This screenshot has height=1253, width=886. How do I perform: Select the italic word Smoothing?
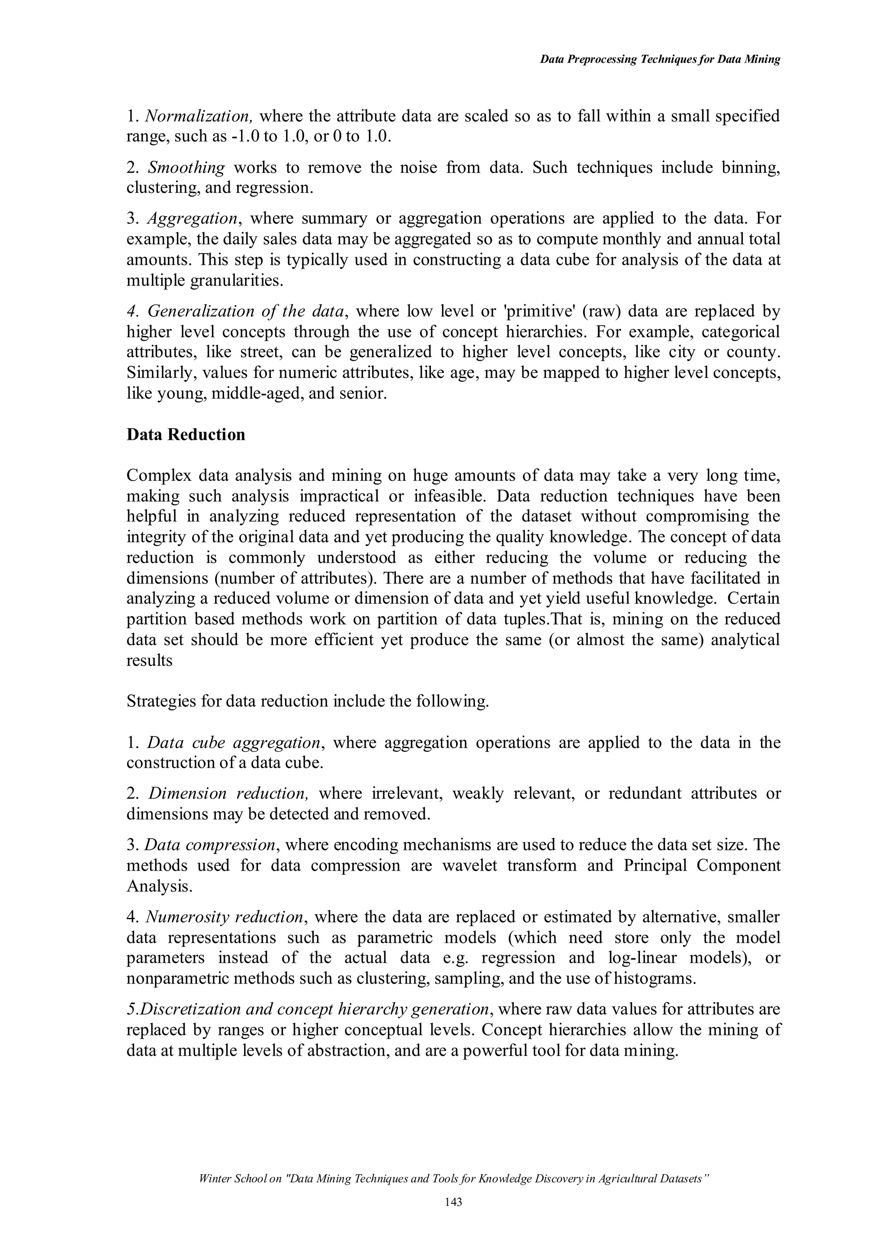[186, 167]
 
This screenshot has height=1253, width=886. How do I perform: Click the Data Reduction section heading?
[186, 435]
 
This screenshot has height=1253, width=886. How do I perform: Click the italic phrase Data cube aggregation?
[234, 743]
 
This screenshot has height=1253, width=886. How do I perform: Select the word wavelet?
[469, 866]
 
